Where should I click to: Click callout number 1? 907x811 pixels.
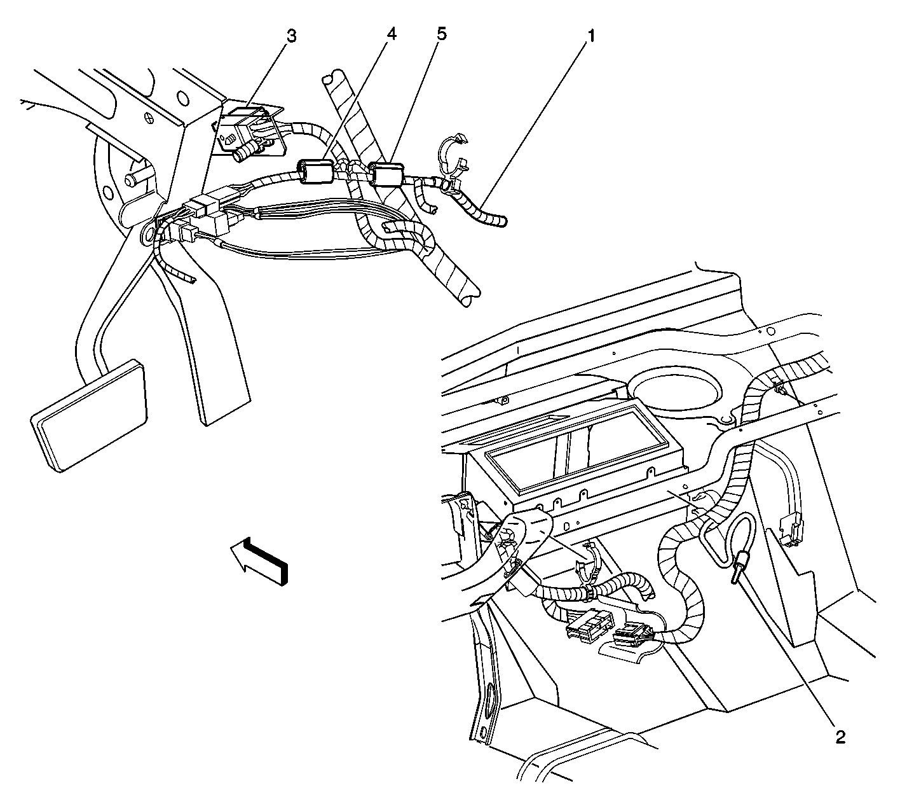pos(591,36)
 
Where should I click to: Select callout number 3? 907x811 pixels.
pos(292,36)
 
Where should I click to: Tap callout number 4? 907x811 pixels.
pos(392,34)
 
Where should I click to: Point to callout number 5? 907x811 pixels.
pos(441,34)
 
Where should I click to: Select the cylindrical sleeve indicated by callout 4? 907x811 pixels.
pos(316,171)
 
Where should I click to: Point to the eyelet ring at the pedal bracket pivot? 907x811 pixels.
pos(147,233)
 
